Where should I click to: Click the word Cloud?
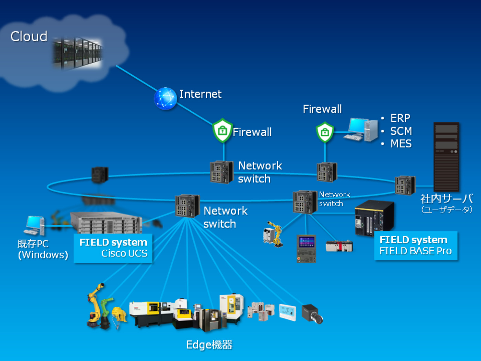click(x=29, y=36)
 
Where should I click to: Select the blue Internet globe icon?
click(x=165, y=98)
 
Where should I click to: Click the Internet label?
click(x=200, y=94)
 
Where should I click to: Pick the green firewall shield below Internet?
click(x=222, y=130)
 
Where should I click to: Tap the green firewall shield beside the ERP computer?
click(x=325, y=132)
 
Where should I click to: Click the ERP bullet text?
click(x=400, y=118)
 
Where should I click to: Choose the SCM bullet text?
click(x=401, y=131)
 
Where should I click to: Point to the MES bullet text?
click(x=401, y=144)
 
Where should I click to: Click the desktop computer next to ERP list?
click(x=361, y=130)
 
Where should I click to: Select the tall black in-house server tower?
click(x=446, y=156)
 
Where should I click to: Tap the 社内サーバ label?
click(x=446, y=199)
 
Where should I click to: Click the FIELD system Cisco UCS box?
click(x=113, y=248)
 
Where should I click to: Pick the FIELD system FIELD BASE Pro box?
click(x=416, y=245)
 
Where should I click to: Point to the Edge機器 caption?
click(x=209, y=344)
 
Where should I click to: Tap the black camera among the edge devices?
click(x=312, y=314)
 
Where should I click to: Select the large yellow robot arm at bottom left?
click(x=95, y=306)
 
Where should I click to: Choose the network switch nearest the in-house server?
click(x=405, y=185)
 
